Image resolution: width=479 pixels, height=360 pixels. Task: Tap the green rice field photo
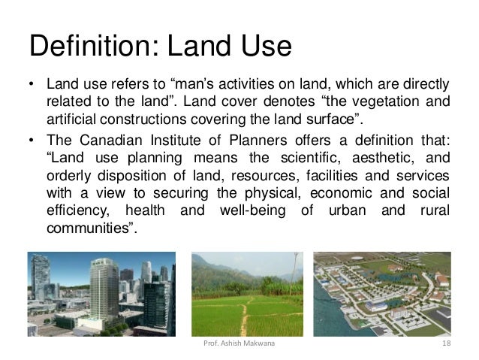click(247, 294)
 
